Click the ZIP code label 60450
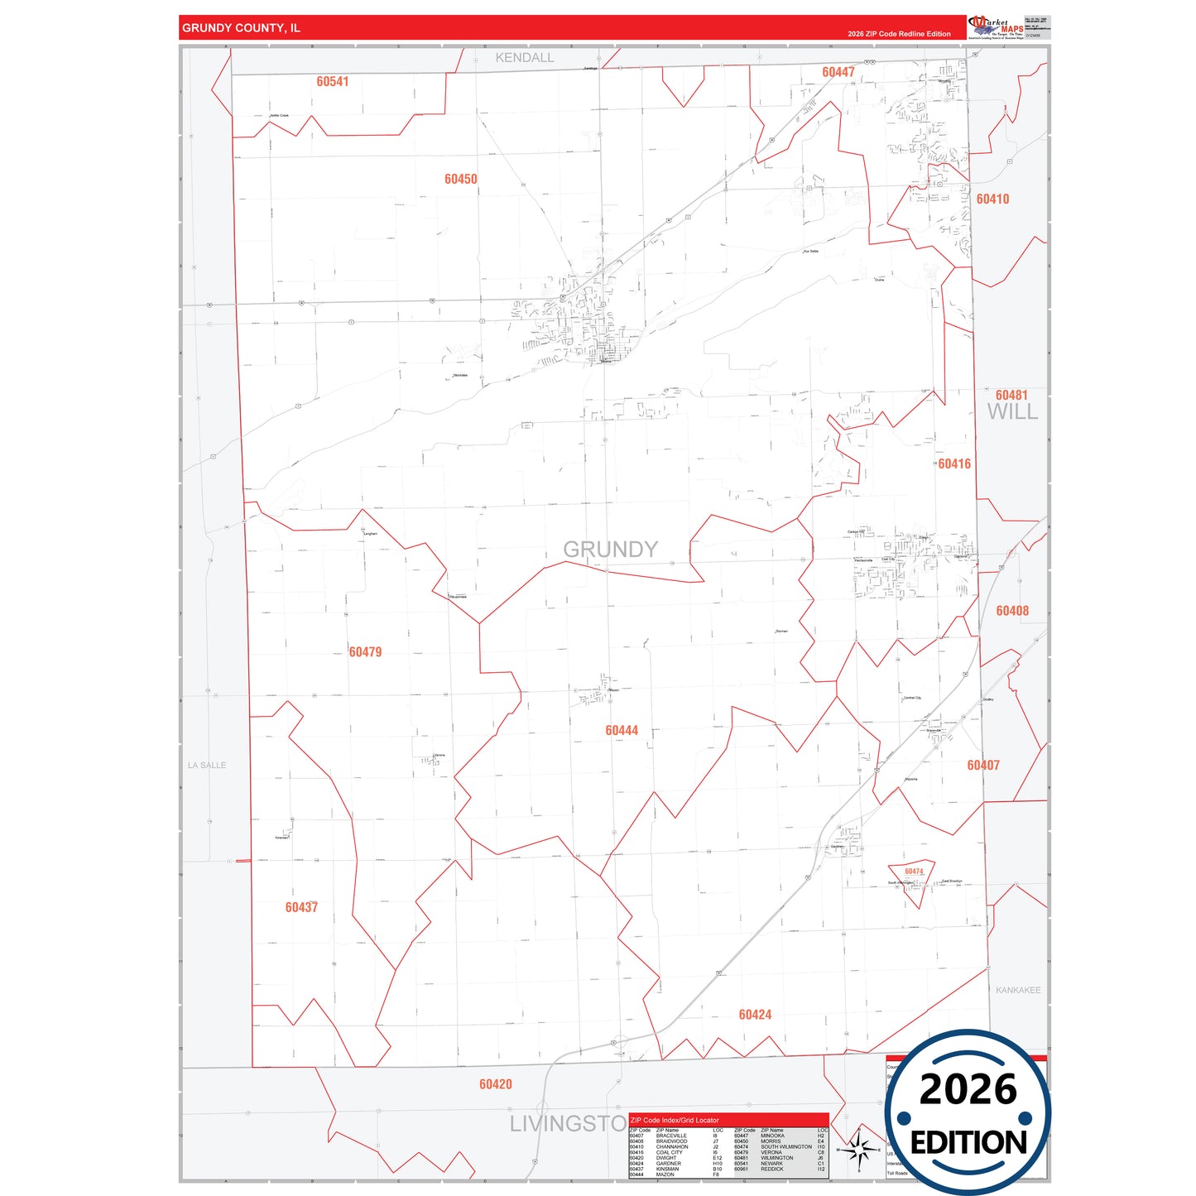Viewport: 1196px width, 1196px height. pos(460,179)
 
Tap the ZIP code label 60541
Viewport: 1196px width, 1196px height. pos(332,81)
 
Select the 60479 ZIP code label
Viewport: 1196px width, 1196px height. pos(365,652)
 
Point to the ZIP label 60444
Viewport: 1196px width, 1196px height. pos(622,730)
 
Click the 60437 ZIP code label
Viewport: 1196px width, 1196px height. pos(301,907)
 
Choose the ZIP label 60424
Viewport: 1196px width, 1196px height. pos(755,1015)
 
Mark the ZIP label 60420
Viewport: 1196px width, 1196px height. pos(495,1084)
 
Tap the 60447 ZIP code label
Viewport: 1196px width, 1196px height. pos(838,72)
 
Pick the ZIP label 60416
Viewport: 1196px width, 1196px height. pos(954,464)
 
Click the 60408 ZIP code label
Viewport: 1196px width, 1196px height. pos(1012,611)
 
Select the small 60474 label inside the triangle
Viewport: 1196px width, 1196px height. pos(914,872)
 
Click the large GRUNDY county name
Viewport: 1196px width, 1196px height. pos(610,550)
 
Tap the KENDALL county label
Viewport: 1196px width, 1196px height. pos(525,58)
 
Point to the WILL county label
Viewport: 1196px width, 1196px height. pos(1011,412)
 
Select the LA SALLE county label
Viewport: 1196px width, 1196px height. pos(207,766)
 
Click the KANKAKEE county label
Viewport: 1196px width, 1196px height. pos(1018,990)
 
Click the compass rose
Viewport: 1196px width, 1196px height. pos(859,1149)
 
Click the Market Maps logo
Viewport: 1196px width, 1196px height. pos(996,27)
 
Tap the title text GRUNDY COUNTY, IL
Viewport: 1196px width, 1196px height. pos(241,28)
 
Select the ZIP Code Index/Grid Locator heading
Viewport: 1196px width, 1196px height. pos(675,1120)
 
